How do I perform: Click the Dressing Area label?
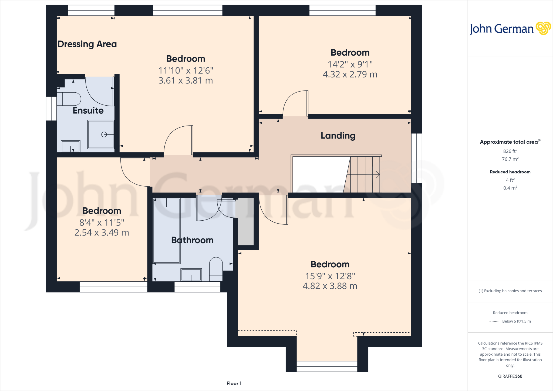click(87, 44)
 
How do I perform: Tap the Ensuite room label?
click(88, 110)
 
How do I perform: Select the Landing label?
click(338, 136)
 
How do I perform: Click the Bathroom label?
click(192, 240)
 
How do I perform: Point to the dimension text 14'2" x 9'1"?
click(350, 64)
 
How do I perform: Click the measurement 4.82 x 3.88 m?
click(330, 286)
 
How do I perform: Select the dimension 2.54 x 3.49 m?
click(102, 232)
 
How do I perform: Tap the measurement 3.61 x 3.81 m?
click(186, 80)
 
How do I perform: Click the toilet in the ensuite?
click(69, 99)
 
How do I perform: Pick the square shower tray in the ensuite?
click(101, 134)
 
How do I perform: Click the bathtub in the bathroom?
click(167, 231)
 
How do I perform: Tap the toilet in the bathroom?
click(216, 269)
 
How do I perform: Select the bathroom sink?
click(191, 275)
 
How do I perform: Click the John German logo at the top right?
click(510, 29)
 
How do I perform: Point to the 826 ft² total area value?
click(510, 151)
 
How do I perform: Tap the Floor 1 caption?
click(234, 383)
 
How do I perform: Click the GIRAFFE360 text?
click(510, 376)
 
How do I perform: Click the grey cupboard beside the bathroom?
click(245, 221)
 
